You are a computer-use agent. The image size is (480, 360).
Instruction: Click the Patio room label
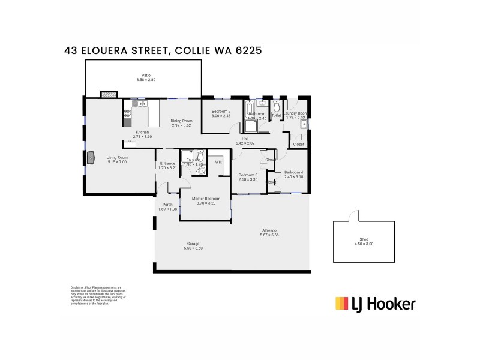146,76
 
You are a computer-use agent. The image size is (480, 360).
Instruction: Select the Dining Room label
181,121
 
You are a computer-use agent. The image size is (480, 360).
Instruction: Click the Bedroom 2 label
221,112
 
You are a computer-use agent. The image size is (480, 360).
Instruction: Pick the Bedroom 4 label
293,173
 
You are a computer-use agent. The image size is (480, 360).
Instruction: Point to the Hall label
245,139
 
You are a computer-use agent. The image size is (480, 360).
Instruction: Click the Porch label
167,205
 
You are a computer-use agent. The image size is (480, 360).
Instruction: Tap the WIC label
218,162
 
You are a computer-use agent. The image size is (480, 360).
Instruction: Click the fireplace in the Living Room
90,158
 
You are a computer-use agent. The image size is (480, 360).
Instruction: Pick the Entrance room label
167,163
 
